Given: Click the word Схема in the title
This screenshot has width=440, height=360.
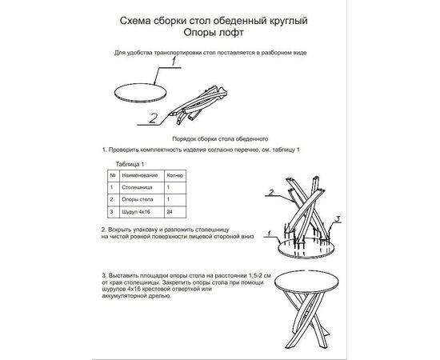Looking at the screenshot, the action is tap(135, 21).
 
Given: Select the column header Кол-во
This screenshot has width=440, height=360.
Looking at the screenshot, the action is tap(174, 175).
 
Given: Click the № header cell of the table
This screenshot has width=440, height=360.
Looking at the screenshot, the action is tap(113, 175).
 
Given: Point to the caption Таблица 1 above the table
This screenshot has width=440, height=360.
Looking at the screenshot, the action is tap(130, 164).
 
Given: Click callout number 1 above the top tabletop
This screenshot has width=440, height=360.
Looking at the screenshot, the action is tap(174, 61).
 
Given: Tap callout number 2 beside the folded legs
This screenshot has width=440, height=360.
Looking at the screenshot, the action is tap(153, 118).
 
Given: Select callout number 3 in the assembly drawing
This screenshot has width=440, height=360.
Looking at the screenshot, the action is tap(338, 218).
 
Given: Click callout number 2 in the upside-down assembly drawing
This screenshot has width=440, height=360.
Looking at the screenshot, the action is tap(270, 192).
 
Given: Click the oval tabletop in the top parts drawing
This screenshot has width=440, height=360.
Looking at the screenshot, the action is tap(141, 92).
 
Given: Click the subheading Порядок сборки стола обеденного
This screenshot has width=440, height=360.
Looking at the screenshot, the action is tap(220, 139).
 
